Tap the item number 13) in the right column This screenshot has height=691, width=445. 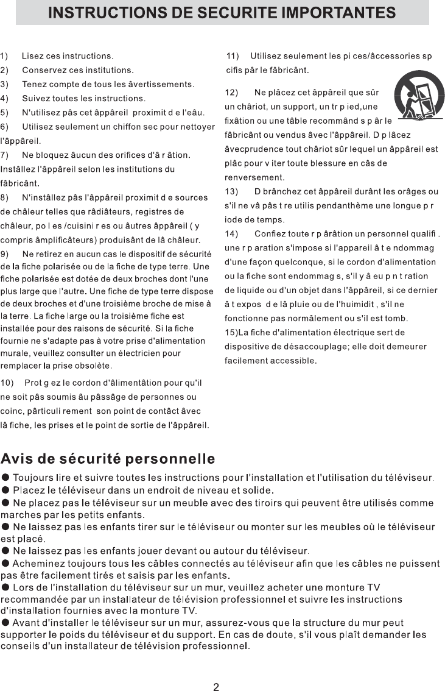[232, 191]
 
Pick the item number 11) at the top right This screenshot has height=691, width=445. [233, 56]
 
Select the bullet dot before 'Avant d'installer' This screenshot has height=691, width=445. [5, 623]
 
